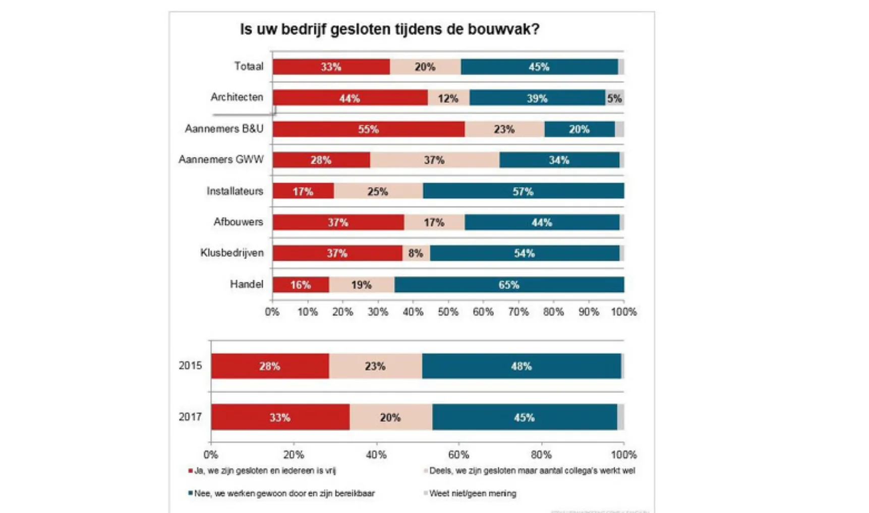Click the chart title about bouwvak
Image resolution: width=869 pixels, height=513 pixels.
[389, 29]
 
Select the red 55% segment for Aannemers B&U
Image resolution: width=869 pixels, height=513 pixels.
[368, 129]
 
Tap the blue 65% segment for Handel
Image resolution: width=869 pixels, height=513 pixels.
[509, 285]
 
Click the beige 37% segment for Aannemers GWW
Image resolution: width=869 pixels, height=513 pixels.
[434, 160]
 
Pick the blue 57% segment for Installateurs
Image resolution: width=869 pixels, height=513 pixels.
[523, 191]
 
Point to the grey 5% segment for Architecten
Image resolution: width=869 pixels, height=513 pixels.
[614, 98]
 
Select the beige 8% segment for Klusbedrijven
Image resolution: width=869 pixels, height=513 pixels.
[416, 253]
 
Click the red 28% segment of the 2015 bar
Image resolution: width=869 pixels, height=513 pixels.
[270, 366]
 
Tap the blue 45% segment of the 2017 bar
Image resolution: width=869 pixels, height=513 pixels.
[524, 418]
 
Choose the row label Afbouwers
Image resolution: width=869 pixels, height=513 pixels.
[238, 222]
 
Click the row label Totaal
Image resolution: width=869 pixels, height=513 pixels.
[249, 66]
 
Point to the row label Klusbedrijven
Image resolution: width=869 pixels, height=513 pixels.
[232, 252]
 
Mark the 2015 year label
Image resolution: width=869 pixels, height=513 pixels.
[190, 366]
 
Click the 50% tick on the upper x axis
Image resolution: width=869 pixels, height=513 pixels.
[448, 312]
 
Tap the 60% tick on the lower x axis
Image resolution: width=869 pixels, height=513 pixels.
[458, 454]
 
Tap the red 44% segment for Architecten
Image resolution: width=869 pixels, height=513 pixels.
[350, 98]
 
